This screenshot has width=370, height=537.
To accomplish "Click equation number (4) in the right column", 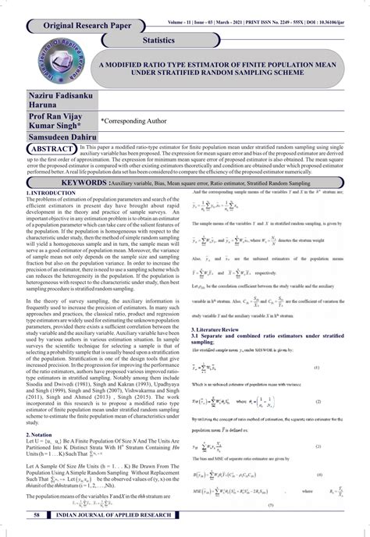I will click(x=336, y=475).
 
